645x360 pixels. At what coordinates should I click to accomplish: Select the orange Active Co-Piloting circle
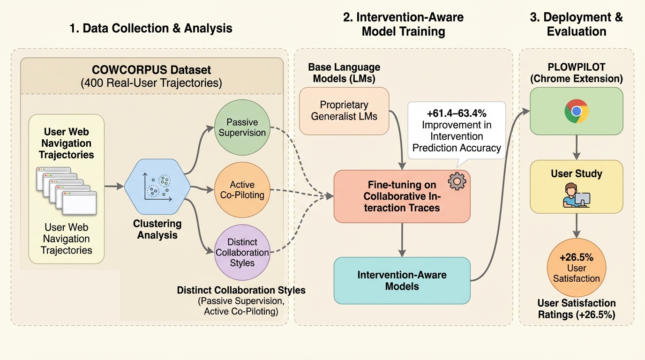tap(242, 189)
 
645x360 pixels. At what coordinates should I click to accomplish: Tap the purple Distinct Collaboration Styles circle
tap(242, 252)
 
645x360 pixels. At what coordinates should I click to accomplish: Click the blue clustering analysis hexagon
tap(157, 187)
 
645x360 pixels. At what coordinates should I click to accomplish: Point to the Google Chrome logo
tap(577, 111)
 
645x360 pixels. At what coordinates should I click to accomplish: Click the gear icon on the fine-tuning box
tap(457, 181)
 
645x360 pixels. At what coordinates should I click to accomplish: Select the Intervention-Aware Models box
tap(402, 280)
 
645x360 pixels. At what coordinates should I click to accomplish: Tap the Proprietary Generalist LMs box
tap(344, 111)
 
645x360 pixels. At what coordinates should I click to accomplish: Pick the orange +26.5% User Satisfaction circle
tap(577, 268)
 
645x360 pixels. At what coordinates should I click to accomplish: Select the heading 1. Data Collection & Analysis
tap(151, 28)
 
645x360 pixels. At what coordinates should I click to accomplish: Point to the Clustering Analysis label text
tap(157, 229)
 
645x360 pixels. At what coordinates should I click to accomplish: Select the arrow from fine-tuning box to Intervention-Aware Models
tap(402, 240)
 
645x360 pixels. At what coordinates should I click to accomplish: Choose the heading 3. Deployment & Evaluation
tap(576, 24)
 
